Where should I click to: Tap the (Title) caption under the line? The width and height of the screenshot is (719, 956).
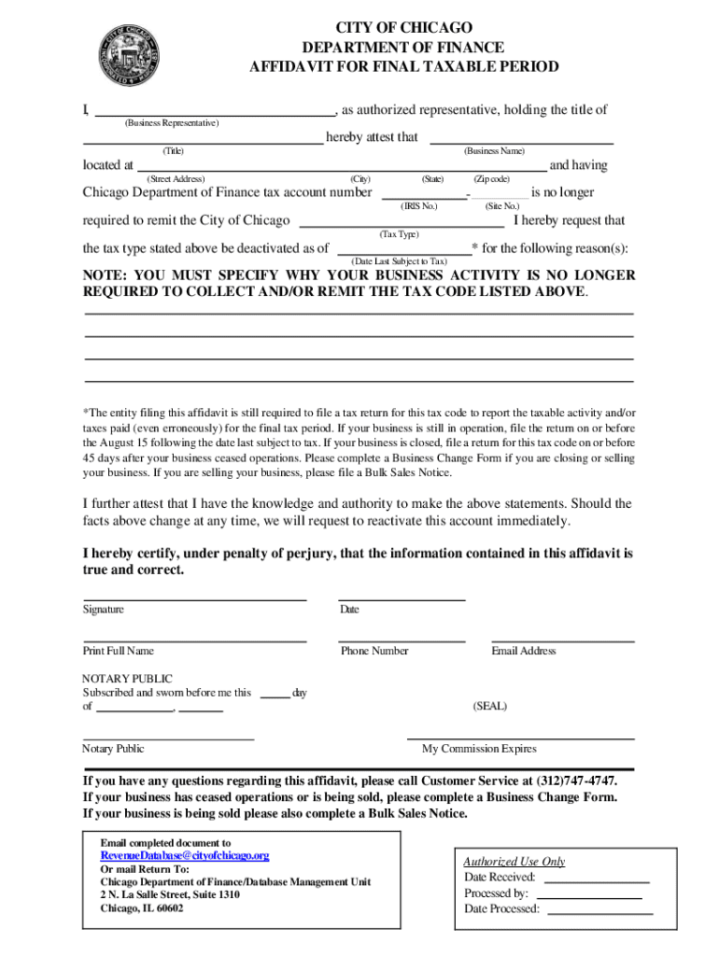(173, 151)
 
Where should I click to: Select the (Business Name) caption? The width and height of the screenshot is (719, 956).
(494, 151)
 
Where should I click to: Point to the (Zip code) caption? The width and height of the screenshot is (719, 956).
(491, 178)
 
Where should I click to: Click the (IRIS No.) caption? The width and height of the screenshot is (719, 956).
(418, 205)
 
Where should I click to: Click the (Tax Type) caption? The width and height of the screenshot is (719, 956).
(399, 233)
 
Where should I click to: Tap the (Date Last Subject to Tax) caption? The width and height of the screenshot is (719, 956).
(399, 261)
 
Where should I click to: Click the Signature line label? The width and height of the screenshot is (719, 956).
(103, 610)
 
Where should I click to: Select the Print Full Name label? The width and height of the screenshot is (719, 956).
(118, 651)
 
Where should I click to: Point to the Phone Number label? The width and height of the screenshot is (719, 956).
(374, 651)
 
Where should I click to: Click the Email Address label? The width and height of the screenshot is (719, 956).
(523, 651)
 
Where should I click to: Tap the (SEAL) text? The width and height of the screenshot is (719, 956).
(490, 707)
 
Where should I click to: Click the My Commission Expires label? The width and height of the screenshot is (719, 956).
(479, 749)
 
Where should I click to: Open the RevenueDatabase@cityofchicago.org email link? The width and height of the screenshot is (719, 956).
(185, 855)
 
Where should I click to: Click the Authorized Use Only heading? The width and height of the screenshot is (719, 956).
(515, 862)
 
